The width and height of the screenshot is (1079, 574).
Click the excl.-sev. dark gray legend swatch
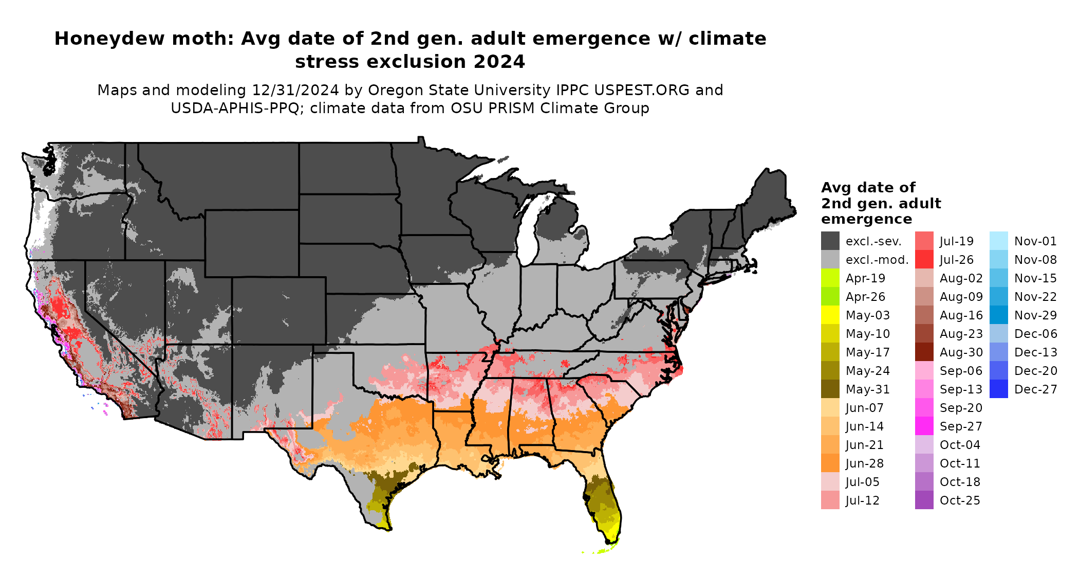tap(830, 241)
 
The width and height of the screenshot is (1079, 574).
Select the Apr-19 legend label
tap(865, 278)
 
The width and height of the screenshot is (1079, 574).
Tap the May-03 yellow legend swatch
tap(830, 315)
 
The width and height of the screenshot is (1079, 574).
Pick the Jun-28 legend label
tap(864, 463)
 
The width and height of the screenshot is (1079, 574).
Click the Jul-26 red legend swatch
tap(924, 260)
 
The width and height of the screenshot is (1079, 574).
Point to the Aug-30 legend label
tap(961, 352)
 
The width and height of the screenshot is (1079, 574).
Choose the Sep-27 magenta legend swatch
tap(924, 426)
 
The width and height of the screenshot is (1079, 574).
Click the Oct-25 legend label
tap(960, 500)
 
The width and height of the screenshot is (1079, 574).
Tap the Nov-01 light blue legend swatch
tap(998, 241)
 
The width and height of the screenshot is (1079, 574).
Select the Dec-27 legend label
tap(1035, 389)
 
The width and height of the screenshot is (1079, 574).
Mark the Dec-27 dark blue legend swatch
tap(998, 389)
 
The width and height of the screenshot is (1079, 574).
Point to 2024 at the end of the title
tap(499, 62)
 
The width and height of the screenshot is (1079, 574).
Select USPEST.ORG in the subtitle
tap(642, 90)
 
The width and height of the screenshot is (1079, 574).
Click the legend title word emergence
tap(866, 219)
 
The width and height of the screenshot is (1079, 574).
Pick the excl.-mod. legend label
tap(877, 260)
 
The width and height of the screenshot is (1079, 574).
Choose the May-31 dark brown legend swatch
tap(830, 389)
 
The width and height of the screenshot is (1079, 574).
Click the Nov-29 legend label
tap(1035, 315)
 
